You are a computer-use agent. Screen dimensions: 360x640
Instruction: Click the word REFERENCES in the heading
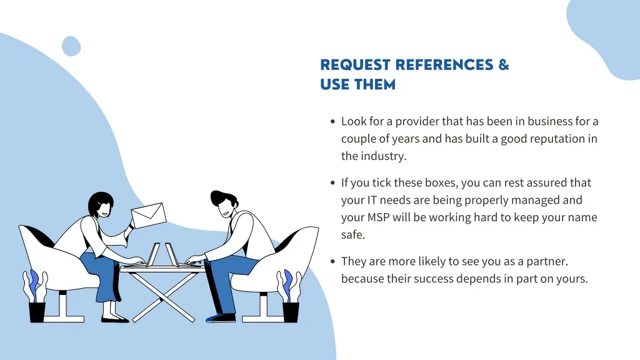(x=444, y=65)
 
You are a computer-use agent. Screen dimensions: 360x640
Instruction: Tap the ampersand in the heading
(x=504, y=65)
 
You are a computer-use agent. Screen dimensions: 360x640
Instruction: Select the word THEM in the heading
(x=376, y=84)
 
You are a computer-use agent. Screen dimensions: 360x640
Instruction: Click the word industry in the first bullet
(x=384, y=156)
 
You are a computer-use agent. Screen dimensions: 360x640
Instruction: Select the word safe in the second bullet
(x=352, y=235)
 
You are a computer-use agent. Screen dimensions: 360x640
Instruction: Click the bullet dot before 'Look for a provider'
(x=332, y=122)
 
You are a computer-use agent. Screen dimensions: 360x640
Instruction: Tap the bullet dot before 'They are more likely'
(x=332, y=262)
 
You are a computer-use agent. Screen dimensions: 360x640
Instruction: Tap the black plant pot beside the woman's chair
(x=37, y=311)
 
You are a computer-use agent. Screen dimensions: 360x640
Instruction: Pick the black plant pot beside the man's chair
(x=291, y=311)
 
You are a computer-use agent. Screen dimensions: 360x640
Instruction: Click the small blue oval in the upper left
(x=71, y=46)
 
